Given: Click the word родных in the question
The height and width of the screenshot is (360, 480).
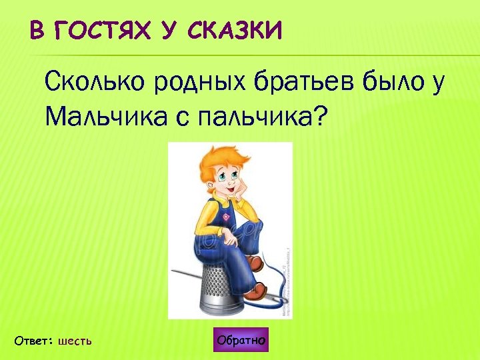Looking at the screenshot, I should (x=197, y=85).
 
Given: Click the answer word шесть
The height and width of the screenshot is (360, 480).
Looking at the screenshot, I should (x=75, y=341).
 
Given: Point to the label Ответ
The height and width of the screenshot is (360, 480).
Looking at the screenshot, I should (x=33, y=341).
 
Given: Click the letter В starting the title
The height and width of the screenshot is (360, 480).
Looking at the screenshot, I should (x=37, y=31).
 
